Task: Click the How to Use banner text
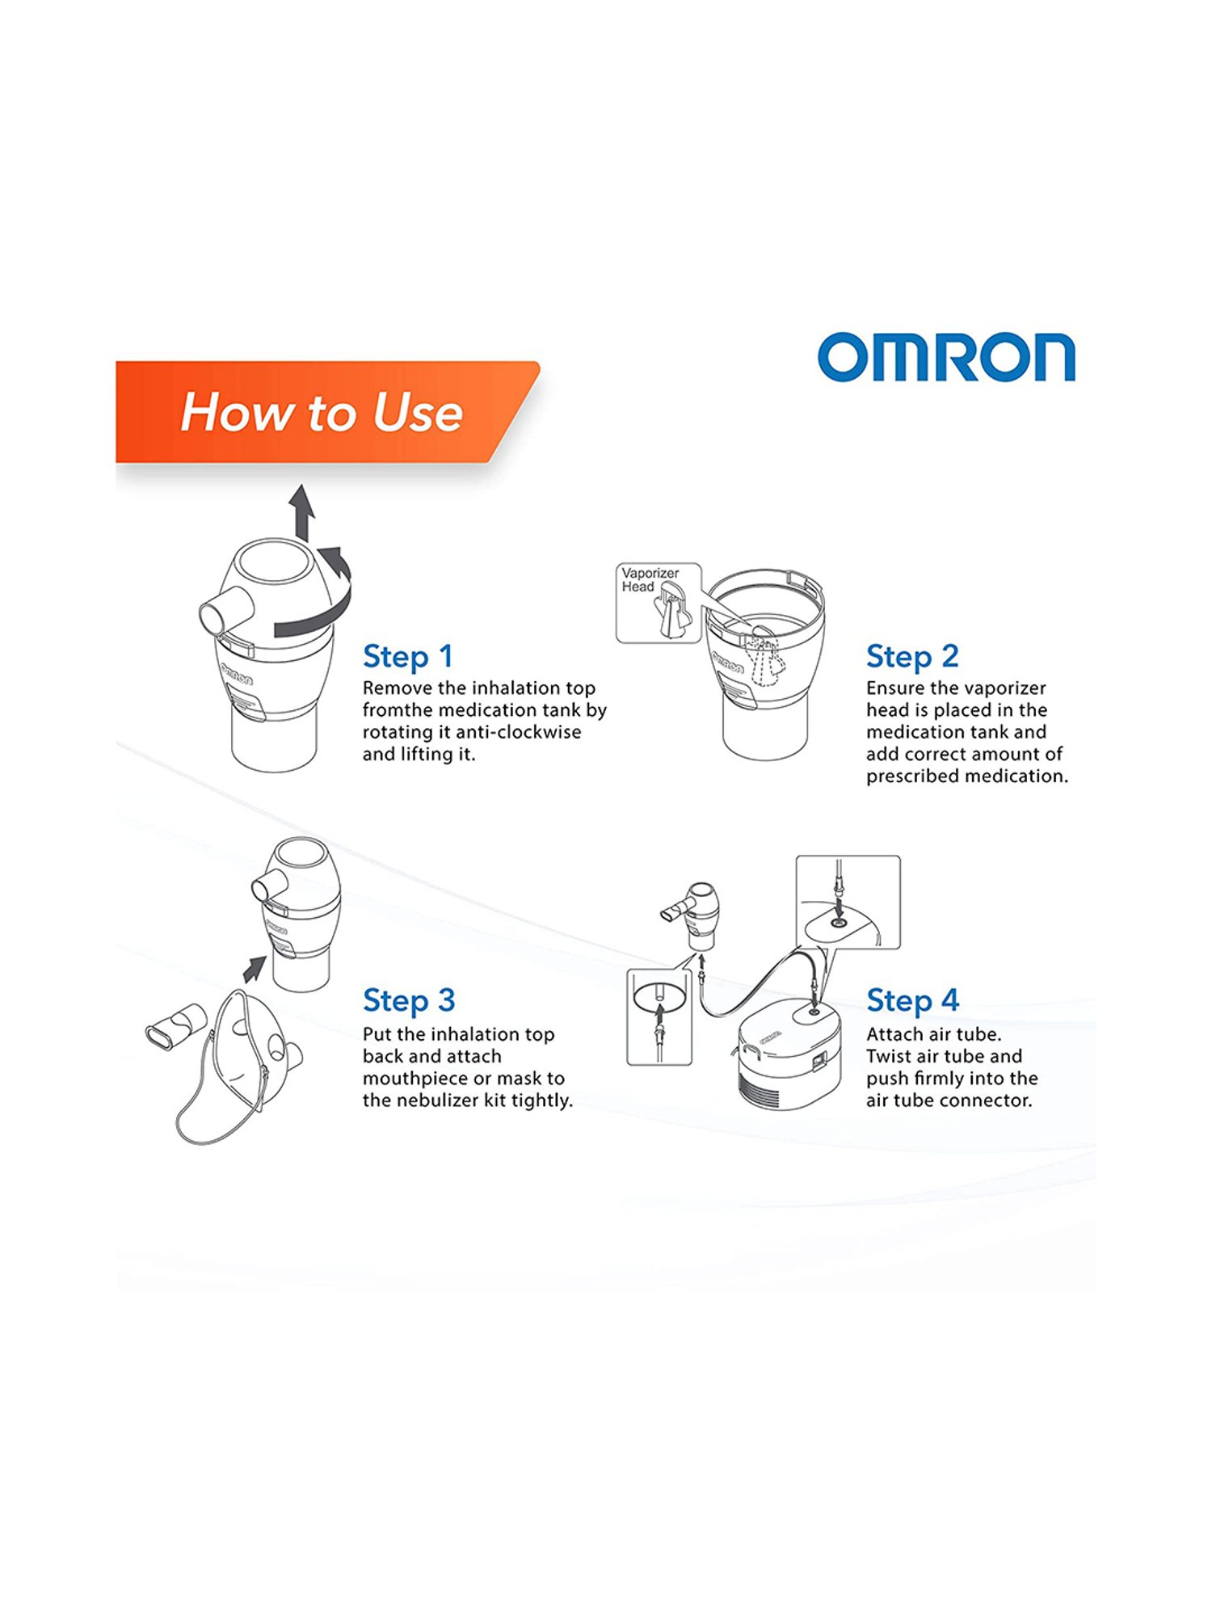pyautogui.click(x=321, y=412)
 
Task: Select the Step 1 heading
pyautogui.click(x=407, y=656)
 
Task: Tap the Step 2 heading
pyautogui.click(x=911, y=656)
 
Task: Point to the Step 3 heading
pyautogui.click(x=408, y=1000)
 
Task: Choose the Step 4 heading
pyautogui.click(x=911, y=1000)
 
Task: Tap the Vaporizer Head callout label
pyautogui.click(x=650, y=579)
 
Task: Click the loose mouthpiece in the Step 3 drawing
pyautogui.click(x=174, y=1026)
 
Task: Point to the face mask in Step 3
pyautogui.click(x=242, y=1050)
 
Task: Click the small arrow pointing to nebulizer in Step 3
pyautogui.click(x=255, y=967)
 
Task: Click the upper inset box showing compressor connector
pyautogui.click(x=848, y=902)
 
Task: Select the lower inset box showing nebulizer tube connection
pyautogui.click(x=659, y=1016)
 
